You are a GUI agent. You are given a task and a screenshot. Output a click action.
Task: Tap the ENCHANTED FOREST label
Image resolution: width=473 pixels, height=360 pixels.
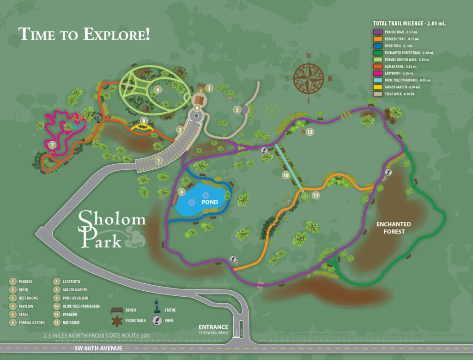click(x=393, y=228)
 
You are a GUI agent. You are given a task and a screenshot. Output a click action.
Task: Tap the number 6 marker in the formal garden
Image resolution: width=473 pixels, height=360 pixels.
click(x=158, y=90)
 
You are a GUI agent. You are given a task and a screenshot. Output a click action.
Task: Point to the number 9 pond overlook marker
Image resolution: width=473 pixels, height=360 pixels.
click(x=182, y=192)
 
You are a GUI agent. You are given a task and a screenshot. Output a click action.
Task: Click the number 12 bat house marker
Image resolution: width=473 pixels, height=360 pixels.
click(x=310, y=132)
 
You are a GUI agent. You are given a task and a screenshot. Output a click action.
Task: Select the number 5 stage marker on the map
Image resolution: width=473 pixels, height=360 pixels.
click(x=237, y=109)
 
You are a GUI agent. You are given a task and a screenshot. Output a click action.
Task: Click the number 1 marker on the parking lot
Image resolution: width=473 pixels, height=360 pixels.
click(x=158, y=161)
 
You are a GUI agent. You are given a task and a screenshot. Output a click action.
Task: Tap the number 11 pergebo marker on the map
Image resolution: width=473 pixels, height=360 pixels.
click(x=315, y=195)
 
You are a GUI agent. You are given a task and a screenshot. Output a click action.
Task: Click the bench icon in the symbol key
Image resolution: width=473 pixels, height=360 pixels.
click(x=118, y=311)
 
